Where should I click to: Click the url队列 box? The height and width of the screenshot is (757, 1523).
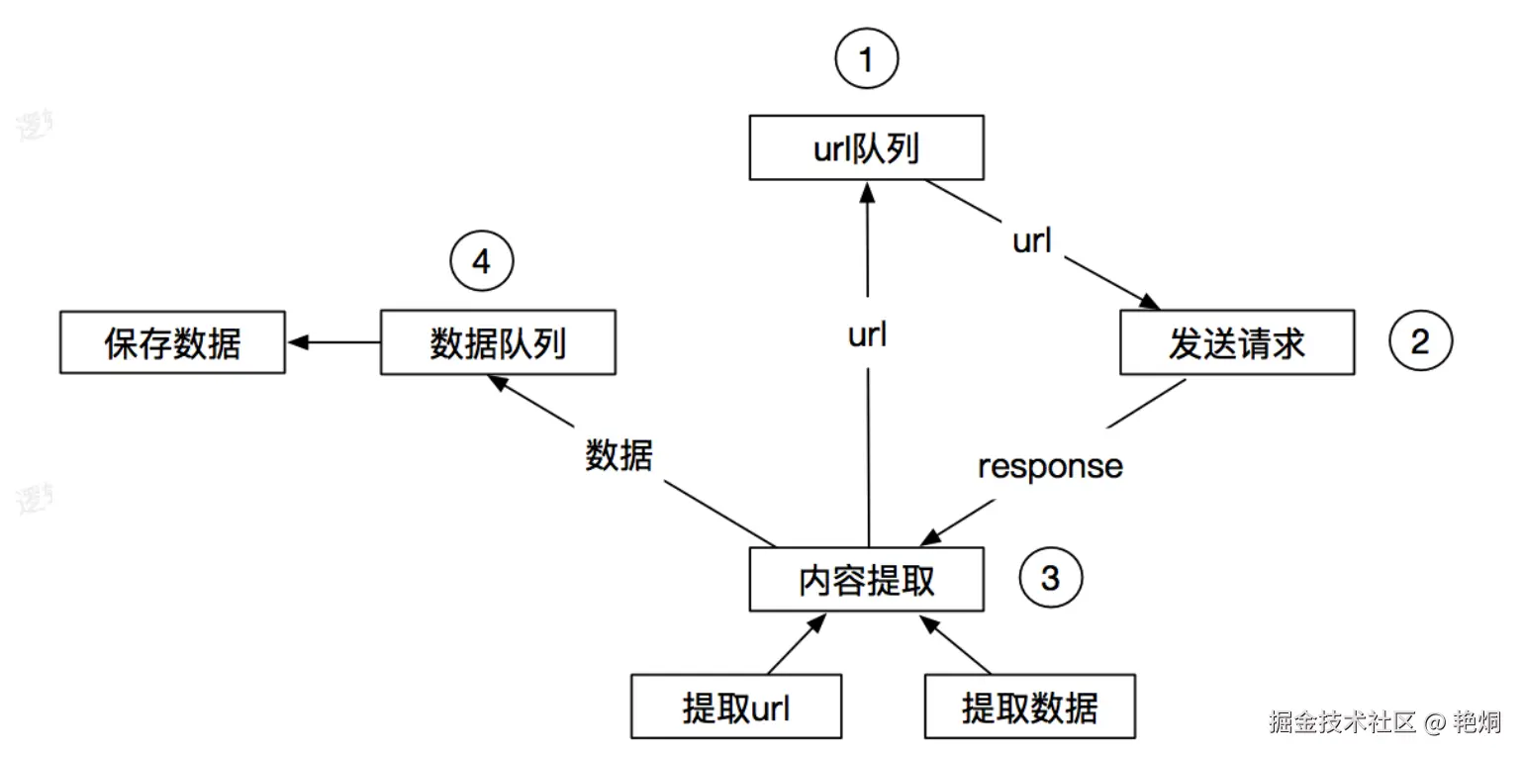866,148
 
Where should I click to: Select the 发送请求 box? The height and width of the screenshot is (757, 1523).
1236,343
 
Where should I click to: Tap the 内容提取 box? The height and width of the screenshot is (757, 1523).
866,580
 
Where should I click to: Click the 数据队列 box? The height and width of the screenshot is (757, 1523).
498,343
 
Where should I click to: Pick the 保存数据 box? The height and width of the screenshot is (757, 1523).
172,343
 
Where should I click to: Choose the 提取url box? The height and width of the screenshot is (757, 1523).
736,708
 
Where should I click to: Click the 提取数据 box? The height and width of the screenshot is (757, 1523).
1029,708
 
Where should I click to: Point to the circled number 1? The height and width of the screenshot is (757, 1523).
866,60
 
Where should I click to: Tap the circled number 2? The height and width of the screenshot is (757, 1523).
1420,341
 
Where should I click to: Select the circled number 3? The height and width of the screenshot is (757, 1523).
1050,577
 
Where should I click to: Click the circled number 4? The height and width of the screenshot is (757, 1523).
482,262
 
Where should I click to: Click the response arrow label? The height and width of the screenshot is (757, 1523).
1050,466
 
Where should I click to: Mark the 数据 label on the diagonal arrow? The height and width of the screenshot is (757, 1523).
619,456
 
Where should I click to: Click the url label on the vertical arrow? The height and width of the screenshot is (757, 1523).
867,335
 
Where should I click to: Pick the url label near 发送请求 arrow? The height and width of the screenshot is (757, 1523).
1031,240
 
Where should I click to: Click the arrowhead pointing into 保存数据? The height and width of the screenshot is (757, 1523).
296,342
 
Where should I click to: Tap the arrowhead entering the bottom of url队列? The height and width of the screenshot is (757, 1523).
866,191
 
